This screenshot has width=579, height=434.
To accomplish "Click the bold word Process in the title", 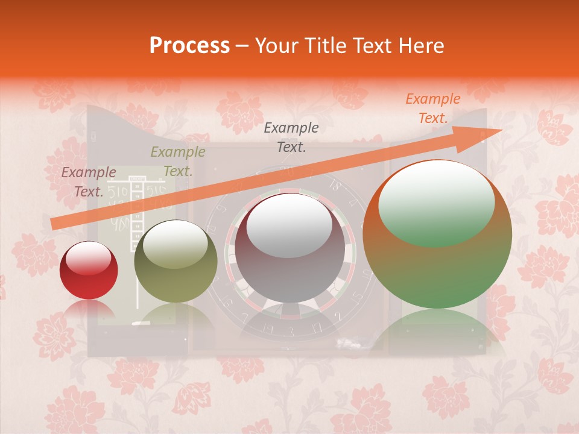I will (x=189, y=46).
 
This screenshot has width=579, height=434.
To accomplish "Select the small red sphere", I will (x=89, y=271).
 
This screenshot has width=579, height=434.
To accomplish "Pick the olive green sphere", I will (x=175, y=261).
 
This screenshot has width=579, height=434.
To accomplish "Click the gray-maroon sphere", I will (x=290, y=248).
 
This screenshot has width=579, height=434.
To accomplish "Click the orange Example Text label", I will (x=432, y=108).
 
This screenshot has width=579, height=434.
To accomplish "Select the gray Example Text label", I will (x=291, y=137).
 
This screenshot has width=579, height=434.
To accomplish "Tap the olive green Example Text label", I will (x=178, y=162).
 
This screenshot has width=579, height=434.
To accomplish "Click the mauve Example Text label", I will (x=89, y=181).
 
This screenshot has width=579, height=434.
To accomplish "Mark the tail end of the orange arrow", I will (x=53, y=224).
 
